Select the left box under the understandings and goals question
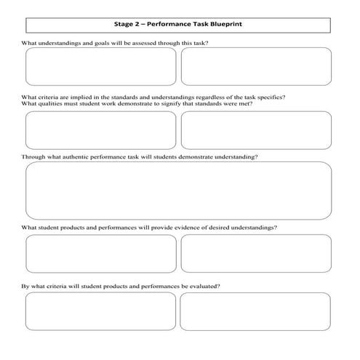(x=100, y=67)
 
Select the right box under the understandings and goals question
(x=256, y=67)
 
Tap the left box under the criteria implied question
(x=100, y=131)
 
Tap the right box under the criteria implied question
(x=256, y=131)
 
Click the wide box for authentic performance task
(x=178, y=191)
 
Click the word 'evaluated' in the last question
(x=203, y=286)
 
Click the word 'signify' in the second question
(x=171, y=104)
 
